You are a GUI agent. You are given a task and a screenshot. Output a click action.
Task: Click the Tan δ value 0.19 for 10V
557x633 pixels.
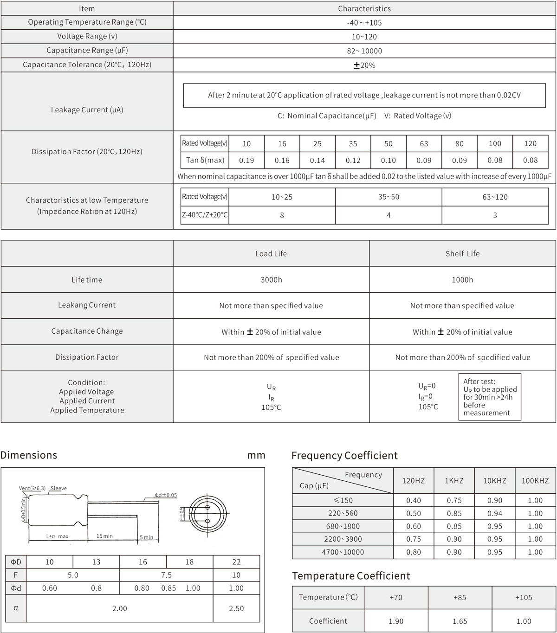246,161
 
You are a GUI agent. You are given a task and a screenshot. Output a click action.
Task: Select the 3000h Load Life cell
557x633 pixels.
271,280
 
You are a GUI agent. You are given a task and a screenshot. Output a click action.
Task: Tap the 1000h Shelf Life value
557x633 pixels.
462,280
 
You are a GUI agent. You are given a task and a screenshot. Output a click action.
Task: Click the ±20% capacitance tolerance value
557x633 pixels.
364,65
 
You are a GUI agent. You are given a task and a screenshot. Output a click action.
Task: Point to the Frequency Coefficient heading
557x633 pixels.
344,456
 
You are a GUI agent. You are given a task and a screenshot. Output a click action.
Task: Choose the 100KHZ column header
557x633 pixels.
535,481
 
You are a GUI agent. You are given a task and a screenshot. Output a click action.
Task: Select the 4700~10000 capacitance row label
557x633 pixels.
343,552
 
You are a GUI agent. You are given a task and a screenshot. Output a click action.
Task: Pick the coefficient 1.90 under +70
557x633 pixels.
396,621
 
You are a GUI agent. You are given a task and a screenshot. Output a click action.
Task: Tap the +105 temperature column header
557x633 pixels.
524,598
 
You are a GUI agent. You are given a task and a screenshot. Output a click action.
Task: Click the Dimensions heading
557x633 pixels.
29,455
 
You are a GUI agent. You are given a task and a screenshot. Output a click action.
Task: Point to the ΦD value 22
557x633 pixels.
236,562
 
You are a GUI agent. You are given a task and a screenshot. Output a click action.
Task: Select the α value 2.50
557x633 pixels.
236,608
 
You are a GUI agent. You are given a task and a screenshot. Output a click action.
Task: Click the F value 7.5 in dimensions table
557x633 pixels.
166,575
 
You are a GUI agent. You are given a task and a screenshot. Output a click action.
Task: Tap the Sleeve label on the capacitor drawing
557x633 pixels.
58,488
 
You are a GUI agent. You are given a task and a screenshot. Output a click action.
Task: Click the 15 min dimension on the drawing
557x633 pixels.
104,536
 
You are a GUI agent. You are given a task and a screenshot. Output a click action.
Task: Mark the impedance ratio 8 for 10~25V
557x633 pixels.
282,215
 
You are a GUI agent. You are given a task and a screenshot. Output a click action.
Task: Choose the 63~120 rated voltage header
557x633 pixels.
495,197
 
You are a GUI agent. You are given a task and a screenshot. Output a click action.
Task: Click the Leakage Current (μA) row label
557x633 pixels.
87,110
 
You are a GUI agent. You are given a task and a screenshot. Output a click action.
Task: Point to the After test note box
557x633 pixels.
490,397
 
